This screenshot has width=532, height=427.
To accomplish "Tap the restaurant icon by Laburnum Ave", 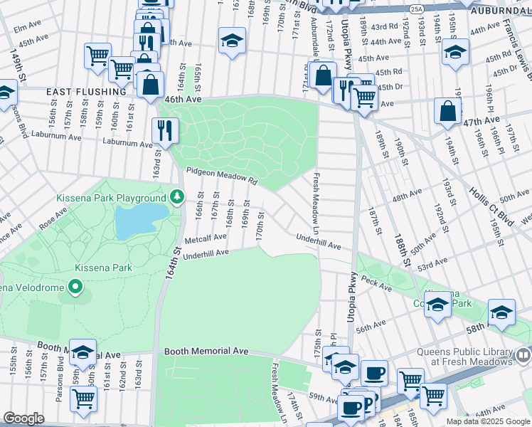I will point(164,130).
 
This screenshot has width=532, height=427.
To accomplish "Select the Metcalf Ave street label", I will point(206,237).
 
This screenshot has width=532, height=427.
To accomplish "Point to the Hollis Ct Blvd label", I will point(491,199).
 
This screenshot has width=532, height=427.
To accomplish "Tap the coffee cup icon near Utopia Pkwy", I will point(374,373).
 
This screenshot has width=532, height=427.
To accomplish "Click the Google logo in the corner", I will point(23,418).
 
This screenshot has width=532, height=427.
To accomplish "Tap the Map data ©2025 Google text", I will point(487,421).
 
